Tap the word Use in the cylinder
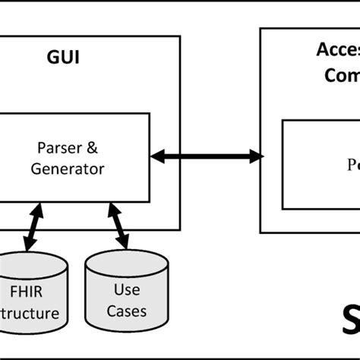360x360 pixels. (x=126, y=289)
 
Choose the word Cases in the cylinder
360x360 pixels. (x=126, y=311)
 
